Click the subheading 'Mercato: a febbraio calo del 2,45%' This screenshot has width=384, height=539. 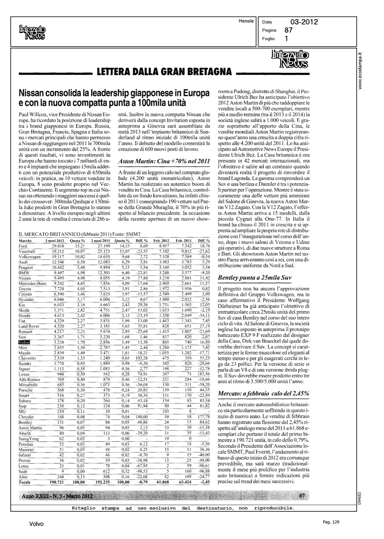coord(264,393)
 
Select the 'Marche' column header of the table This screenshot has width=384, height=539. coord(25,241)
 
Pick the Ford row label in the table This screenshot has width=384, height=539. coord(23,246)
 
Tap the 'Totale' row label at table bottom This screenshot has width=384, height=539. coord(25,482)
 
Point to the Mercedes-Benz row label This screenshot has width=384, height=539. coord(33,284)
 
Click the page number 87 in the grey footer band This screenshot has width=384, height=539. coord(302,496)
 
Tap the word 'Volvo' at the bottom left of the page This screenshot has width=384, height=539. coord(37,524)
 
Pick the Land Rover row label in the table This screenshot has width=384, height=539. coord(28,326)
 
